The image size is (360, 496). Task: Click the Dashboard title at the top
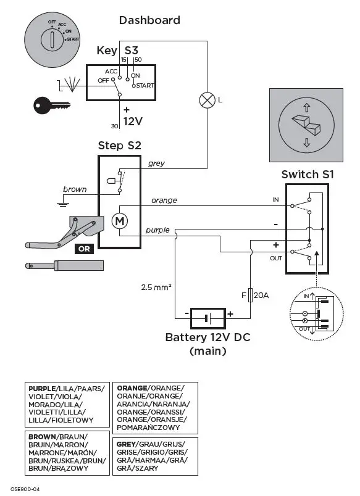149,20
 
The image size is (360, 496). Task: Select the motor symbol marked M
119,220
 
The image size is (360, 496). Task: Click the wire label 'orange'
164,200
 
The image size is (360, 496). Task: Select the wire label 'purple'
157,230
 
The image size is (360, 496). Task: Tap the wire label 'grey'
156,163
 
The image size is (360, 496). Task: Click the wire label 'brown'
75,189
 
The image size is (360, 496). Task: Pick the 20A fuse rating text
261,296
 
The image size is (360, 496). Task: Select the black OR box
85,249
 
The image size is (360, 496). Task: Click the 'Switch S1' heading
308,175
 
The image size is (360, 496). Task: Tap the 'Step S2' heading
120,146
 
